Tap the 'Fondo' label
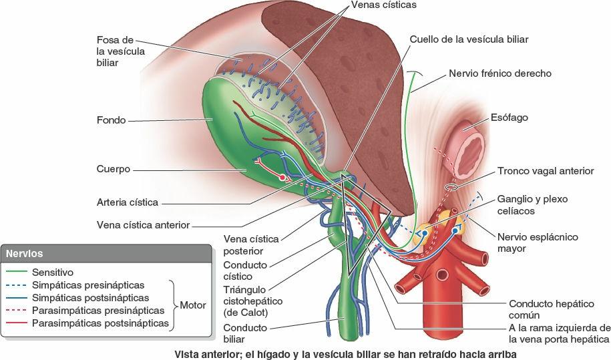click(x=111, y=121)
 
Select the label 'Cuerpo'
click(x=114, y=169)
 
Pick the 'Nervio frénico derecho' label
click(x=500, y=73)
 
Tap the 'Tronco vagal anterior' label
click(x=545, y=171)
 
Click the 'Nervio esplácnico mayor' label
click(x=538, y=242)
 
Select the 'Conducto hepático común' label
click(x=551, y=309)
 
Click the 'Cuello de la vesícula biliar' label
click(x=469, y=39)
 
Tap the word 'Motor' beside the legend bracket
click(x=193, y=305)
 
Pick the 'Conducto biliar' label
click(x=245, y=333)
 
